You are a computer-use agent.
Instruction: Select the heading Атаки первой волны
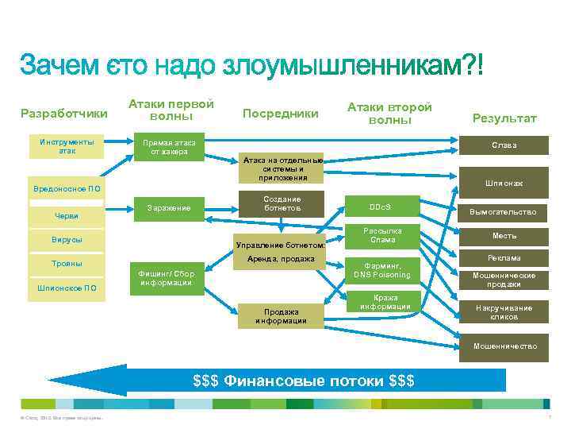171,110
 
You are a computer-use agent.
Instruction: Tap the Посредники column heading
280,114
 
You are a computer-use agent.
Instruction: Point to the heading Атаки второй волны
389,113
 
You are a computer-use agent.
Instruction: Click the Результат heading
504,118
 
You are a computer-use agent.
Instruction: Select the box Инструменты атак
67,145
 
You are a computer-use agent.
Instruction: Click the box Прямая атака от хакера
169,147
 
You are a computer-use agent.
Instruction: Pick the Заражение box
169,208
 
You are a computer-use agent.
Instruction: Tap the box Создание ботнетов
282,203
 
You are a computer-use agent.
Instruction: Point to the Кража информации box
385,302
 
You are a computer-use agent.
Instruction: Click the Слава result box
504,145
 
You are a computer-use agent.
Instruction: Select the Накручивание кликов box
504,311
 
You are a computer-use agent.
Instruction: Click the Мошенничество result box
504,346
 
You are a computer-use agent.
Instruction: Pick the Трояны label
67,263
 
